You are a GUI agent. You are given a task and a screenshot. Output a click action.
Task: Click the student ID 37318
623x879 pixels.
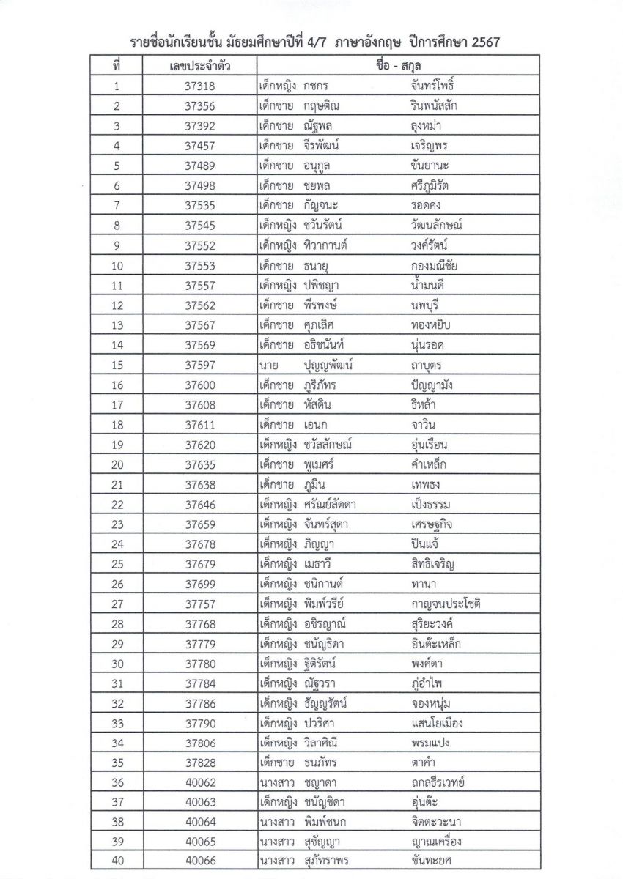[x=199, y=86]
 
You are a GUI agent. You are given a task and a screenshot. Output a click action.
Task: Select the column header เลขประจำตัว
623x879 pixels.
[x=199, y=67]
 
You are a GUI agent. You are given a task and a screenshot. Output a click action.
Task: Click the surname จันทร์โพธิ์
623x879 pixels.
[x=440, y=86]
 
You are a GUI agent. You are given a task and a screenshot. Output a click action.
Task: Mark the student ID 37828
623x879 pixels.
[x=199, y=762]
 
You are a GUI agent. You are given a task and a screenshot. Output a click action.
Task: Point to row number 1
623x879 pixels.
[x=117, y=86]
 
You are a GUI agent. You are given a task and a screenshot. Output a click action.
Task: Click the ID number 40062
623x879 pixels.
[x=199, y=782]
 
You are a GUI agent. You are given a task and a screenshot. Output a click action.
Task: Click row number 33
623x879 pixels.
[x=117, y=723]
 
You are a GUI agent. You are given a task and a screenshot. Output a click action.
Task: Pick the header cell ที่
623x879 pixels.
[x=117, y=67]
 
